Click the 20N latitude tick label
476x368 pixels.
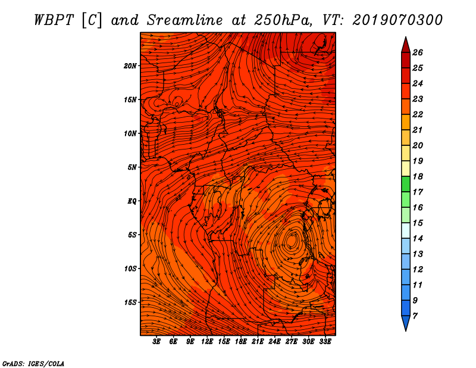click(x=130, y=66)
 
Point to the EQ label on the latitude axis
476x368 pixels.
click(x=131, y=201)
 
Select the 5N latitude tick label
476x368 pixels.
click(x=132, y=167)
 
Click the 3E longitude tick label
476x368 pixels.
click(x=156, y=342)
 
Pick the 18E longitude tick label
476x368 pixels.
click(x=241, y=342)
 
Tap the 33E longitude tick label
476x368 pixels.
click(x=325, y=342)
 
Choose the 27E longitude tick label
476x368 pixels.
click(x=292, y=342)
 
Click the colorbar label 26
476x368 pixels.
click(x=418, y=52)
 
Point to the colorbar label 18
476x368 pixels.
click(x=418, y=176)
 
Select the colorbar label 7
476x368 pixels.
click(x=415, y=316)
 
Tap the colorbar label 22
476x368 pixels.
click(x=418, y=114)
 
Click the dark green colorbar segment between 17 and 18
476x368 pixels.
click(x=406, y=184)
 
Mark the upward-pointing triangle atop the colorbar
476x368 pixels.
click(x=406, y=46)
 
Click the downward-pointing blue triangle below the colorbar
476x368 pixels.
click(x=406, y=322)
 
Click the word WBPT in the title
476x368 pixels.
click(x=54, y=20)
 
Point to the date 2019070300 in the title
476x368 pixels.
click(x=397, y=20)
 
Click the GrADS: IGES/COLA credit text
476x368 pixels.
click(x=33, y=364)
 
